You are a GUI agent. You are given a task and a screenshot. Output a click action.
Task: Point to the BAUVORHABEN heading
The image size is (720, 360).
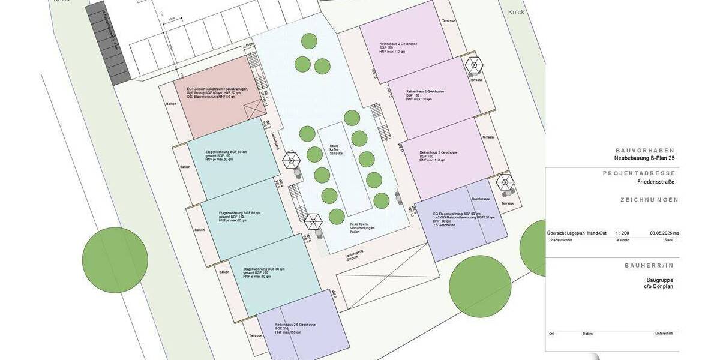tap(645, 151)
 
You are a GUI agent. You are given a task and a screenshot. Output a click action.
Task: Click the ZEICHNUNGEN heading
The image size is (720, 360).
tap(650, 200)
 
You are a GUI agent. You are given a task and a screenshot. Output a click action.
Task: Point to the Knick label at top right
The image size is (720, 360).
tap(516, 12)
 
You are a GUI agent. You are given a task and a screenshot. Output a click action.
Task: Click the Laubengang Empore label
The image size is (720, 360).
tap(355, 257)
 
